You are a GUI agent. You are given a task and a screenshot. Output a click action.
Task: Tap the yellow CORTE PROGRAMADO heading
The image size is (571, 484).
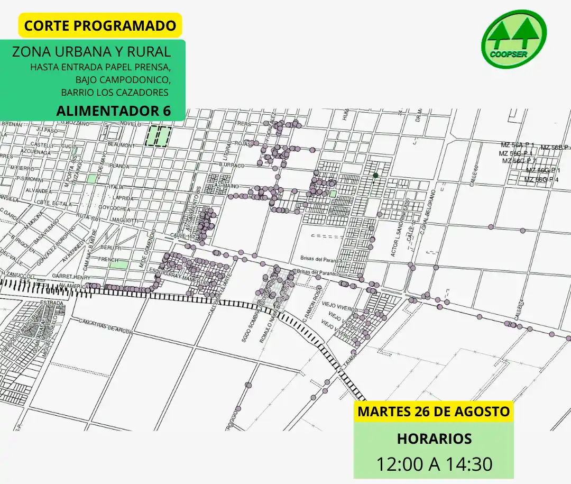pyautogui.click(x=100, y=25)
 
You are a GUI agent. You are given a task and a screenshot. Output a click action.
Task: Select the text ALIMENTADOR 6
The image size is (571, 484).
pyautogui.click(x=113, y=112)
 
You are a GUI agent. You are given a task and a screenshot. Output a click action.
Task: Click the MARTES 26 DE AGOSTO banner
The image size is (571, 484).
pyautogui.click(x=434, y=411)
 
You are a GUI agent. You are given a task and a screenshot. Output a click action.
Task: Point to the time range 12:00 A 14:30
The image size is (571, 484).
pyautogui.click(x=434, y=463)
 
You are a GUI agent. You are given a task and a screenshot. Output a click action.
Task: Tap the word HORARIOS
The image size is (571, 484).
pyautogui.click(x=434, y=439)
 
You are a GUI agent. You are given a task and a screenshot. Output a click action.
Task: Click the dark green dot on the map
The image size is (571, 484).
pyautogui.click(x=375, y=175)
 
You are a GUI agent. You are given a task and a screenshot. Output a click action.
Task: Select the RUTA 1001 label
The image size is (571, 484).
pyautogui.click(x=88, y=217)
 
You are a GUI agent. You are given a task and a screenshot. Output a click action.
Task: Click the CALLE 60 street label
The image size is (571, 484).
pyautogui.click(x=474, y=175)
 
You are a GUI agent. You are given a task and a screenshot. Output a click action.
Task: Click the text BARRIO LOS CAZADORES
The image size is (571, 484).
pyautogui.click(x=115, y=93)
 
